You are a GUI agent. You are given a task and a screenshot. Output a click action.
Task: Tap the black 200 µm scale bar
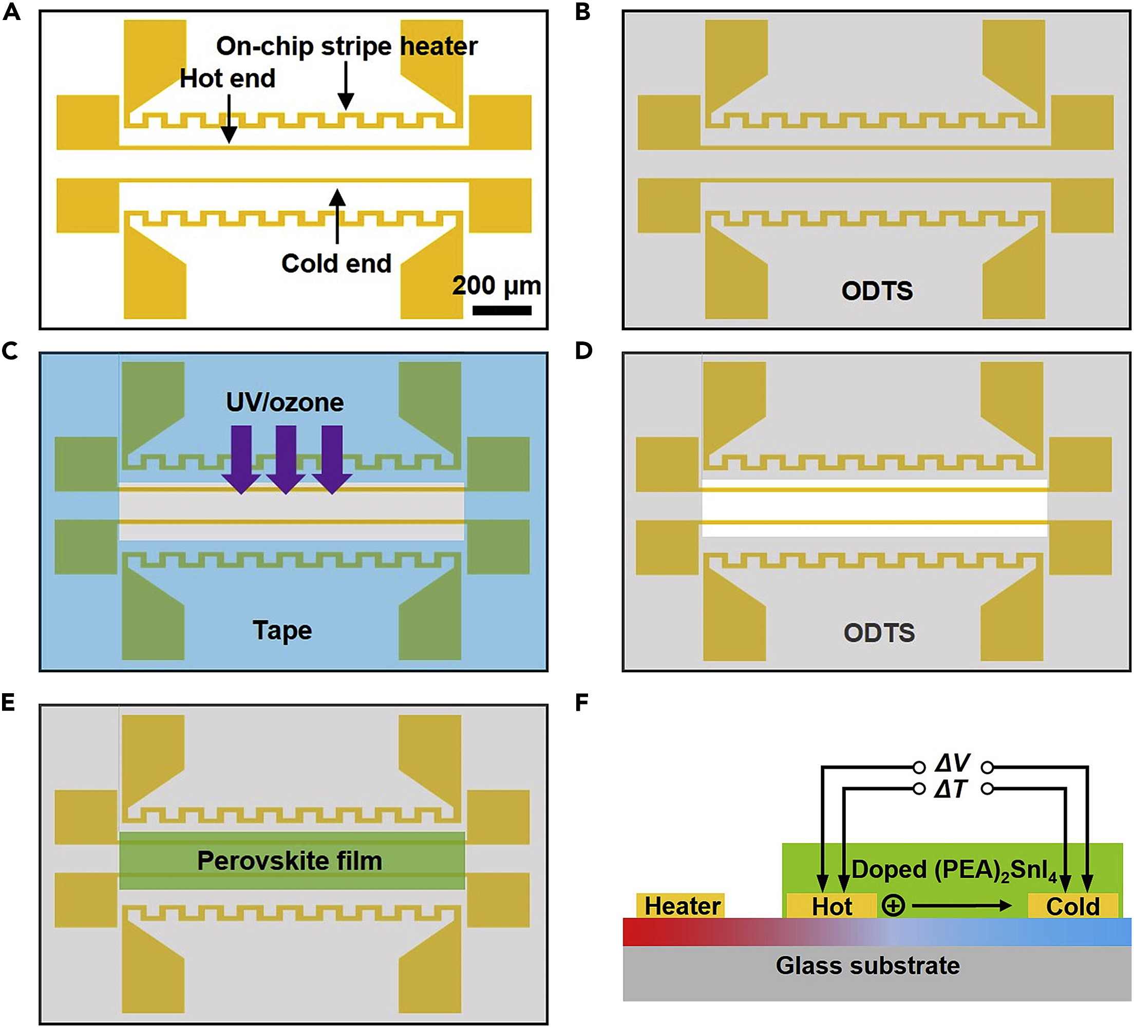501,310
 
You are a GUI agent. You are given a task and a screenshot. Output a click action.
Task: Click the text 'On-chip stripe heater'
347,46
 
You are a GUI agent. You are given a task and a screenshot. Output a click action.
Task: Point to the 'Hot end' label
227,79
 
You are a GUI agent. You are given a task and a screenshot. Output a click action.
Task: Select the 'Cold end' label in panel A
336,263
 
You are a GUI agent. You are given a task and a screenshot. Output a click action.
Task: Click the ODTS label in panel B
877,291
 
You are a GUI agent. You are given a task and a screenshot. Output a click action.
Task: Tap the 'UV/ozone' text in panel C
285,403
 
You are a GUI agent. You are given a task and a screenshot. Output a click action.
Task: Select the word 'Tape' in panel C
282,631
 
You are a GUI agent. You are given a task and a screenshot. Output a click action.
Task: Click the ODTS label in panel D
879,633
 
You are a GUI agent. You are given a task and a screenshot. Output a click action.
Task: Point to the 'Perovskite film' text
289,861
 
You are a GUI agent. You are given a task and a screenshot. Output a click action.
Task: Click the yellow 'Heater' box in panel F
682,906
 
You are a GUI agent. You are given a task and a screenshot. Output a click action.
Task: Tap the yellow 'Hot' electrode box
831,906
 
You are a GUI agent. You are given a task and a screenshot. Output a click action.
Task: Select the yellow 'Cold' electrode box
1072,906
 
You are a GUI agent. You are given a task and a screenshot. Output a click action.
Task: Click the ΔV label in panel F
952,764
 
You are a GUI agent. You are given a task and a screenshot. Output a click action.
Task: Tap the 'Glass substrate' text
867,965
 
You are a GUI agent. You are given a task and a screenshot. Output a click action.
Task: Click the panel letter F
581,703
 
